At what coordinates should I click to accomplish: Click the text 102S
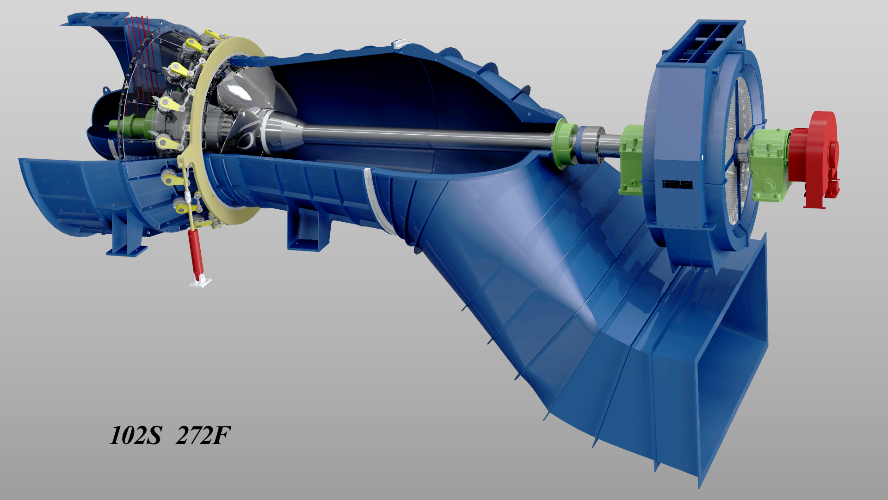(x=136, y=436)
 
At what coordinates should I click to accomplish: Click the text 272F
(x=203, y=436)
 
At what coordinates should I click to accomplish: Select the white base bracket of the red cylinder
(x=200, y=281)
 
